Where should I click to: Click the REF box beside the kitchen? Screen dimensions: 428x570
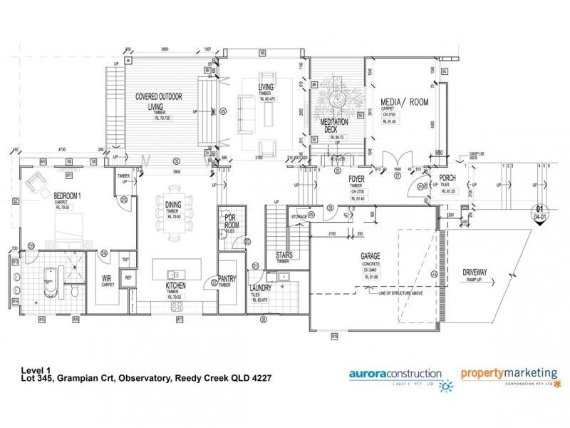[x=128, y=278]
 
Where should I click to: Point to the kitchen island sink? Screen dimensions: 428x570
[x=174, y=274]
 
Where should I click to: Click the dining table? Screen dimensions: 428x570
[x=172, y=217]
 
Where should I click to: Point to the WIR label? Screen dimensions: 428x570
[x=108, y=278]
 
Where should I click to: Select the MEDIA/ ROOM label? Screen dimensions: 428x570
[x=404, y=103]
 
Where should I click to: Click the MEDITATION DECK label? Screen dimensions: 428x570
[x=335, y=126]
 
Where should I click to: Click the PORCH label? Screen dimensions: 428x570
[x=447, y=178]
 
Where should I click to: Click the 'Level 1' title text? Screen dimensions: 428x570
[x=38, y=370]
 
